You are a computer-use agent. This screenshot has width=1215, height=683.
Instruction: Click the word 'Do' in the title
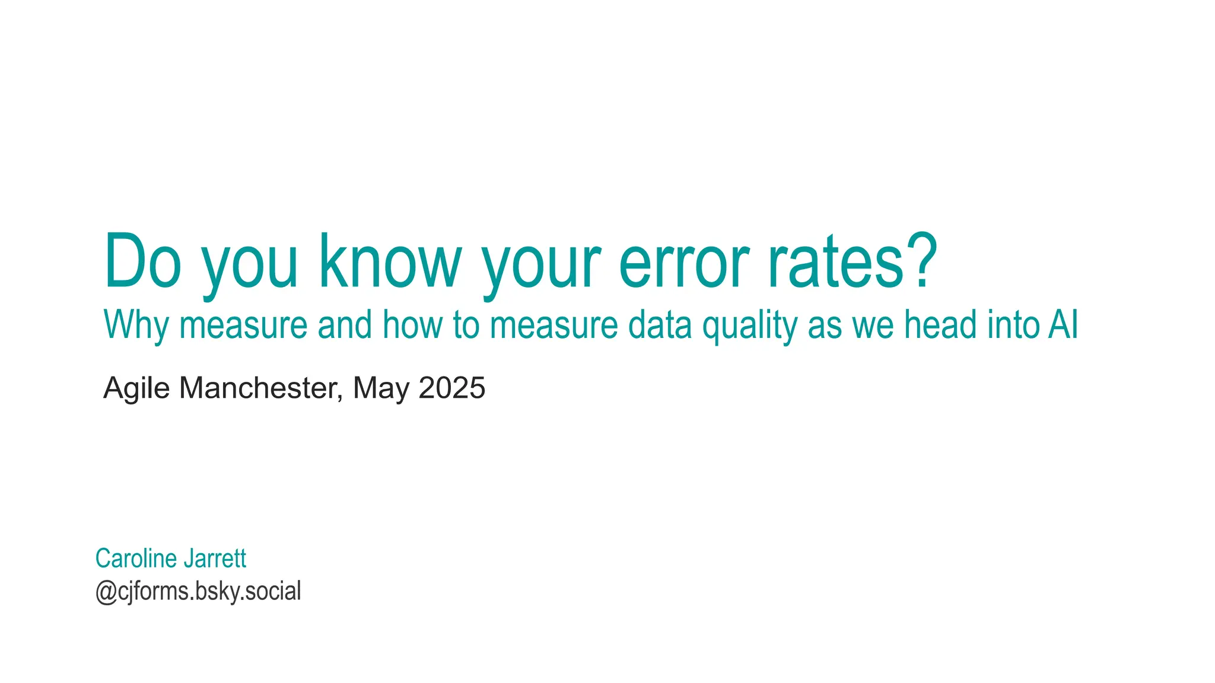point(142,262)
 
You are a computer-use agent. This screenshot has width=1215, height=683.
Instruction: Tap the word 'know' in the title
point(390,262)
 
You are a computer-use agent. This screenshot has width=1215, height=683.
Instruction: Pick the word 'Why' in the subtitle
point(136,325)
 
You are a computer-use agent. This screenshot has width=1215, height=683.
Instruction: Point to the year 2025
point(452,388)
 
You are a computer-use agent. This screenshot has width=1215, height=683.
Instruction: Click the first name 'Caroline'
point(136,558)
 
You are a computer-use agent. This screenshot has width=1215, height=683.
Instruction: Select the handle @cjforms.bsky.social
point(198,592)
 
